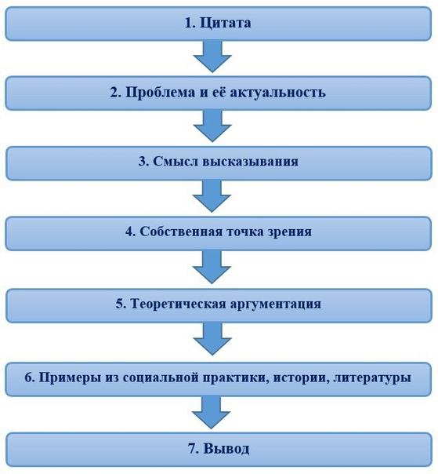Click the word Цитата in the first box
pos(225,23)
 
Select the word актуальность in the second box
pos(277,93)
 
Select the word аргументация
pos(276,304)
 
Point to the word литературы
pos(372,378)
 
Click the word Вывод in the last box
pos(226,449)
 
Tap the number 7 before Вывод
pos(192,449)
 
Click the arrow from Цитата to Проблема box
pos(212,57)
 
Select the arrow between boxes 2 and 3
pos(212,126)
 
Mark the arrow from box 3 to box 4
pos(212,196)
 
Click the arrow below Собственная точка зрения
pos(212,267)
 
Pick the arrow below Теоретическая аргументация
pos(212,339)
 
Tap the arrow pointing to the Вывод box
pos(211,412)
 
